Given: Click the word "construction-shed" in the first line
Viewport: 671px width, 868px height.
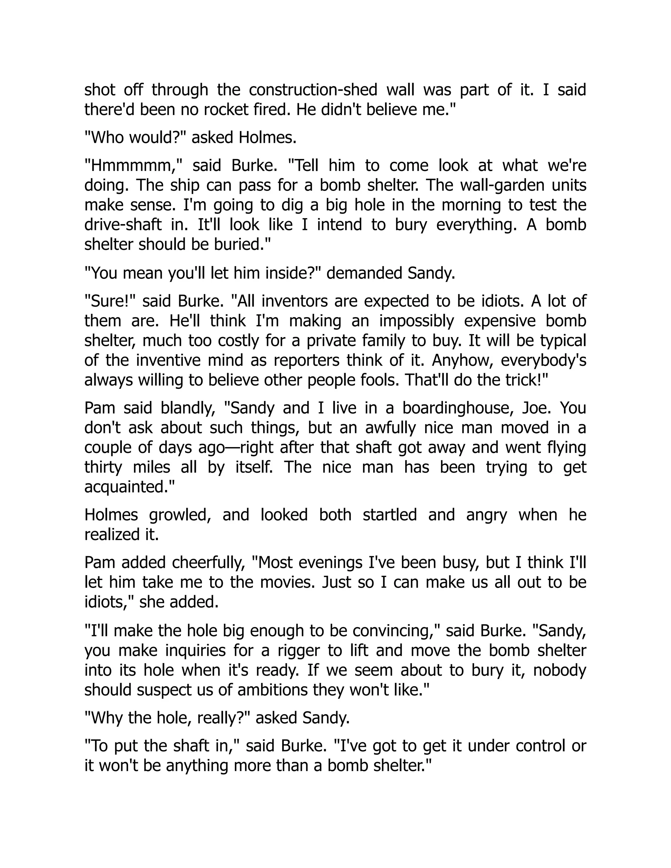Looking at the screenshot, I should pyautogui.click(x=313, y=90).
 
